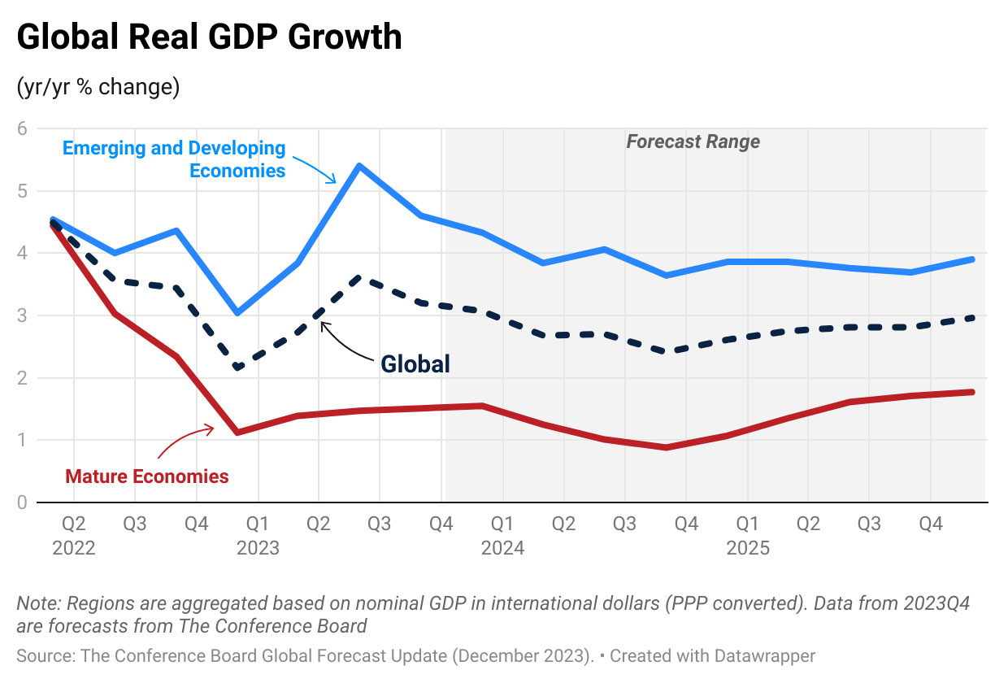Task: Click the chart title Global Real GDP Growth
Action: pyautogui.click(x=209, y=37)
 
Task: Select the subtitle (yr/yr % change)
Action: pyautogui.click(x=98, y=87)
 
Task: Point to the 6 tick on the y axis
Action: pyautogui.click(x=22, y=128)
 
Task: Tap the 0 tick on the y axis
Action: pyautogui.click(x=22, y=502)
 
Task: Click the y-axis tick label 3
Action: pyautogui.click(x=22, y=315)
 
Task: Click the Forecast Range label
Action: pyautogui.click(x=693, y=141)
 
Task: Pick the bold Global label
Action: pyautogui.click(x=415, y=363)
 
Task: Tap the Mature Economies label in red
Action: pyautogui.click(x=147, y=476)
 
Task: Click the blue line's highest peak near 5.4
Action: pyautogui.click(x=358, y=166)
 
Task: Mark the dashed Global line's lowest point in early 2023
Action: pyautogui.click(x=237, y=368)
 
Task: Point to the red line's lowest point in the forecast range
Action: pyautogui.click(x=667, y=447)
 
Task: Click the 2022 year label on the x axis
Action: pyautogui.click(x=73, y=548)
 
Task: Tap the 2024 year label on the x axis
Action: pyautogui.click(x=502, y=548)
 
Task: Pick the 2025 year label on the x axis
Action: pyautogui.click(x=747, y=548)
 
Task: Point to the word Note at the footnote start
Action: pyautogui.click(x=37, y=604)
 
